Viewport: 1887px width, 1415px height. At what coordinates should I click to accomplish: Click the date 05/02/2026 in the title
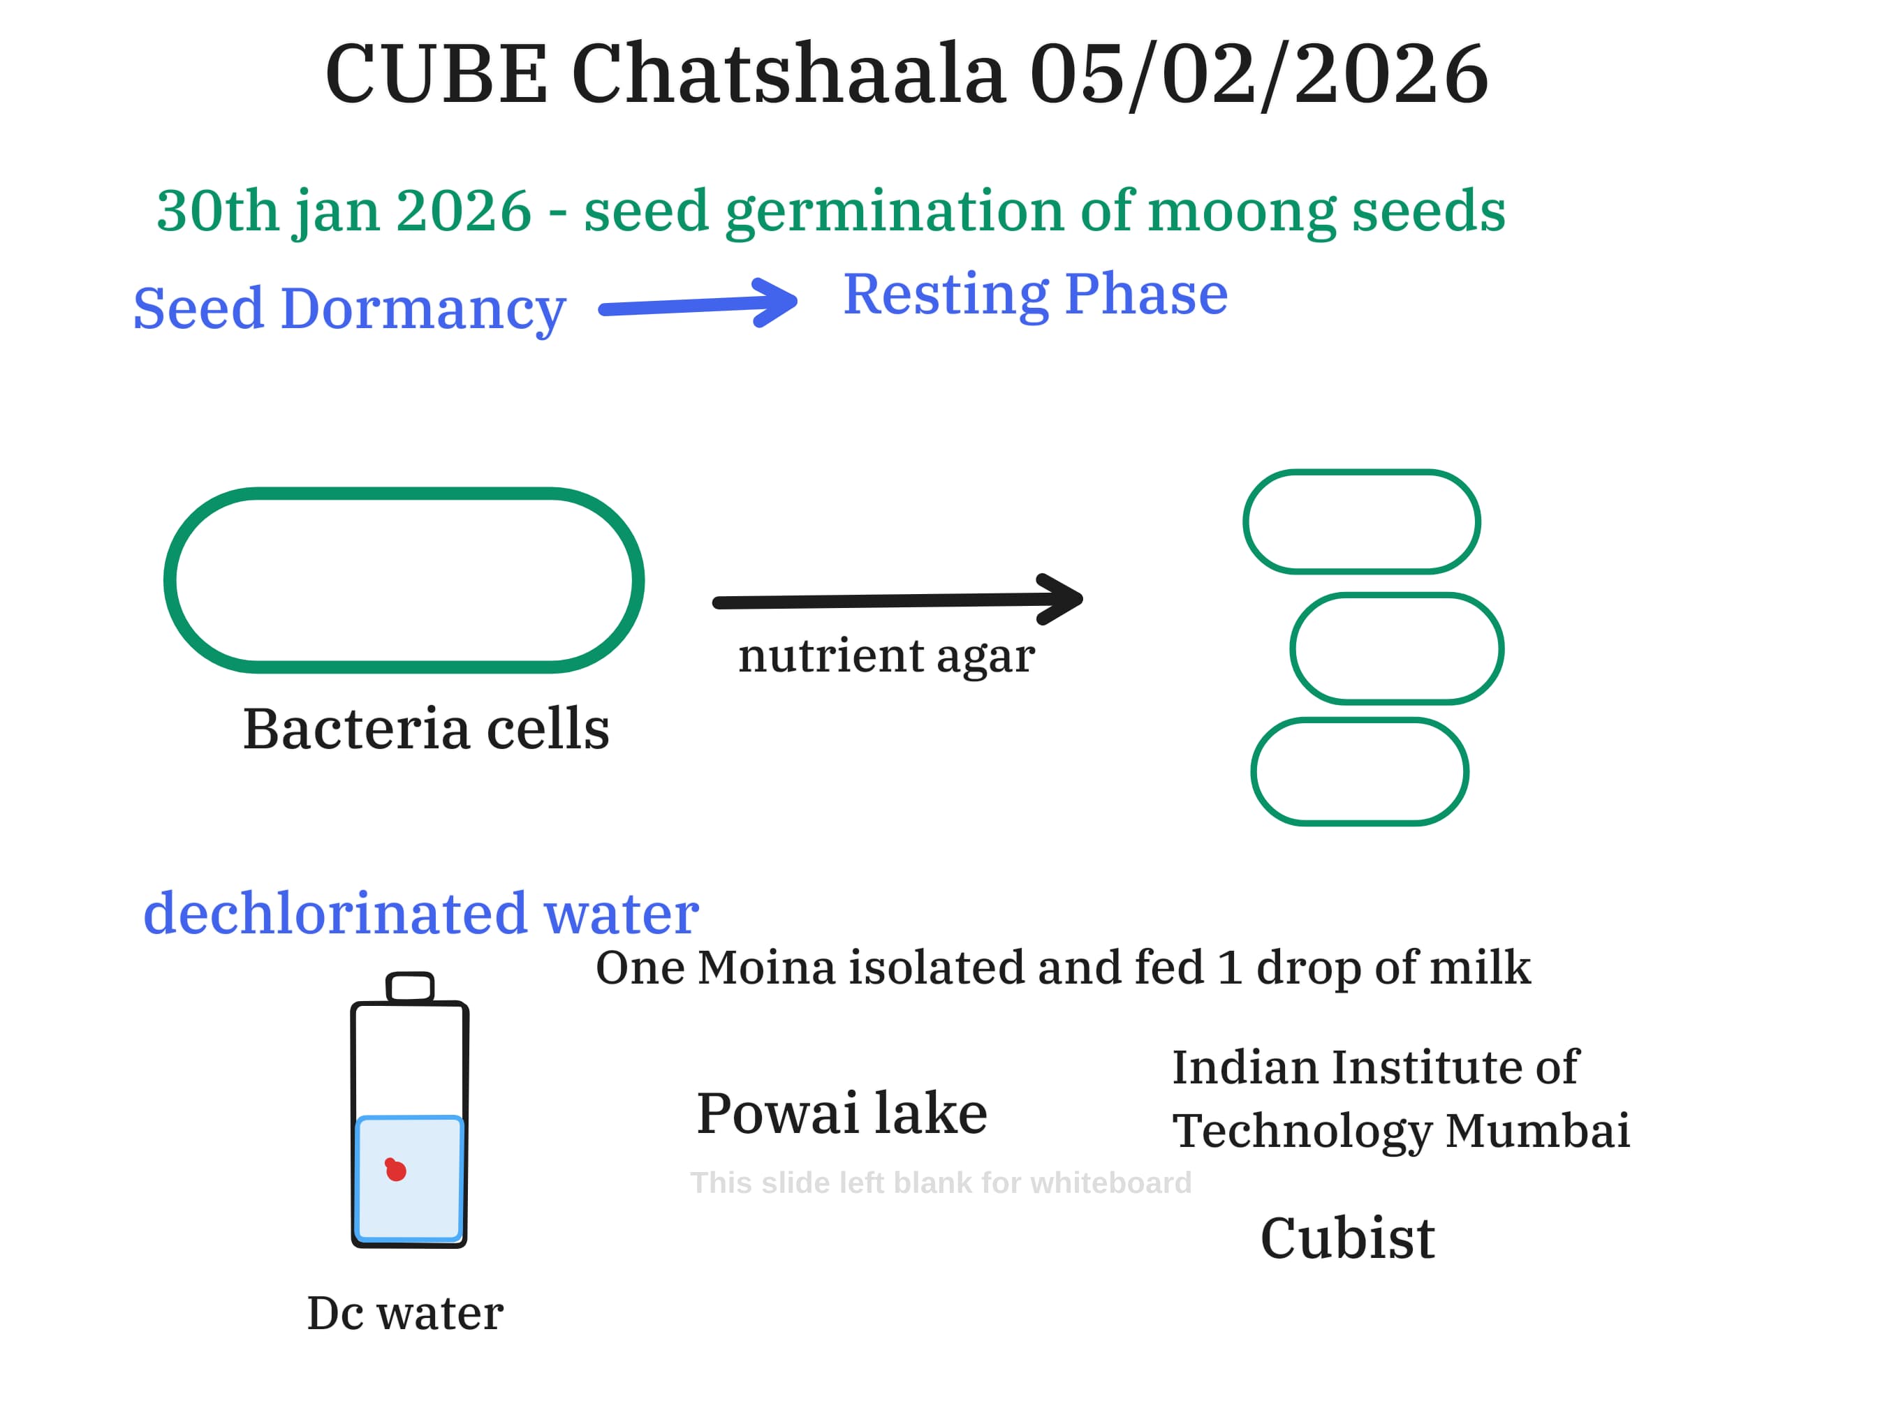pos(1259,75)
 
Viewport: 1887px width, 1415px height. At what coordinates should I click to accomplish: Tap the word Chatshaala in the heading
pos(788,75)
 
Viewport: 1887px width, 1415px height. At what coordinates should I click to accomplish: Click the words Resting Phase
pos(1035,295)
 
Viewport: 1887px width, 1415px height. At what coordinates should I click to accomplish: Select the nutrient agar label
pos(886,656)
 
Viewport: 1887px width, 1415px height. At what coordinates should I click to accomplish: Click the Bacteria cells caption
pos(426,730)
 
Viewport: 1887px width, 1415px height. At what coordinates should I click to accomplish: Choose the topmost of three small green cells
pos(1362,522)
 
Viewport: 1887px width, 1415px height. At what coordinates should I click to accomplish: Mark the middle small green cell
pos(1397,649)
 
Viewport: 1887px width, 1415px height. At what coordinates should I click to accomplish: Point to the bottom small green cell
pos(1360,772)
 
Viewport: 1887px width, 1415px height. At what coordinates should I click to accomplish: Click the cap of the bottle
pos(409,987)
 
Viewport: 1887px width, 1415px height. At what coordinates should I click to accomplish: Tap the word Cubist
pos(1347,1239)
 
